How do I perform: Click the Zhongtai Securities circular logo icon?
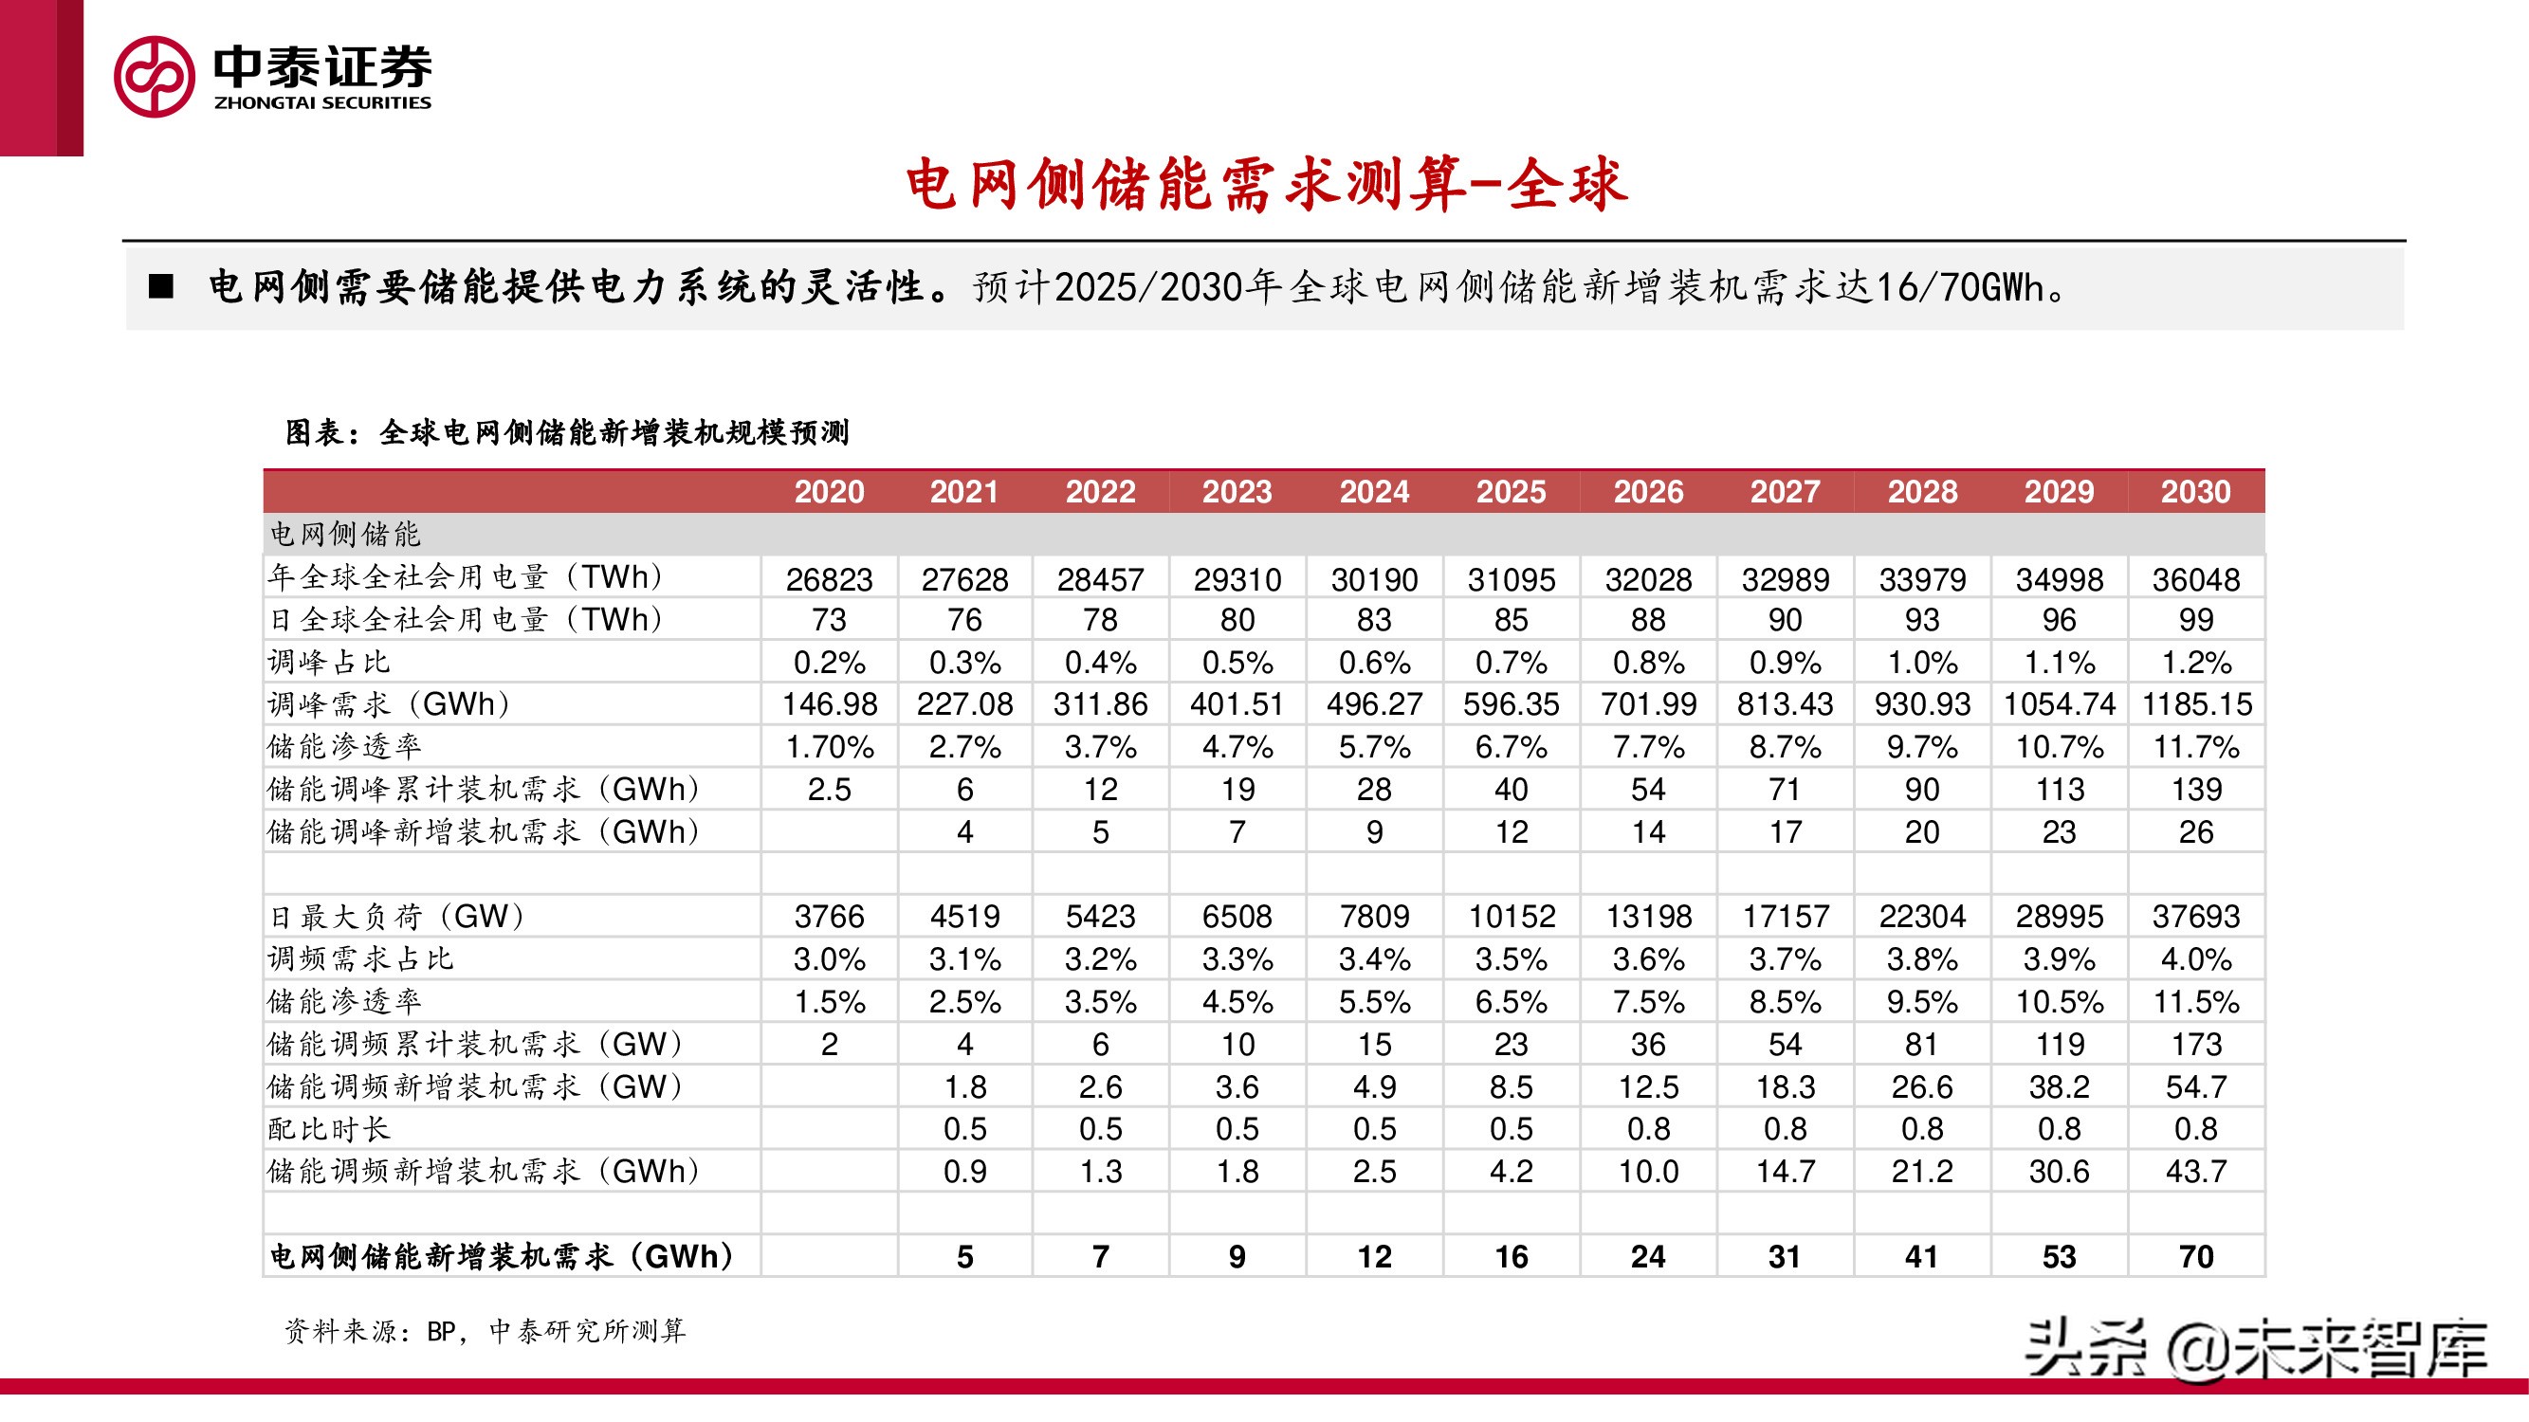[x=155, y=77]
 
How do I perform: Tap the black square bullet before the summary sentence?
[x=160, y=286]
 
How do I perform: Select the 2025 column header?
[x=1511, y=492]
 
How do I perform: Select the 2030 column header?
[x=2195, y=492]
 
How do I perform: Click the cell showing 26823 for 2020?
[x=829, y=579]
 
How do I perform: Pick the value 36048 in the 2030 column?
[x=2195, y=579]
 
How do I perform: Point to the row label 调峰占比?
[x=329, y=663]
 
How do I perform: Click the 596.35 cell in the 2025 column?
[x=1511, y=704]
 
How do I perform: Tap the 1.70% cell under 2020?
[x=829, y=748]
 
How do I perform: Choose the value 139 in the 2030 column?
[x=2195, y=790]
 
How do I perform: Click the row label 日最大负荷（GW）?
[x=397, y=917]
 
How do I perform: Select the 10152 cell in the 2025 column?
[x=1511, y=917]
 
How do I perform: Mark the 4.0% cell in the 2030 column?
[x=2195, y=958]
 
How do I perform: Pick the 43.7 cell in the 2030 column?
[x=2195, y=1171]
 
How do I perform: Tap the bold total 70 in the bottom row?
[x=2195, y=1256]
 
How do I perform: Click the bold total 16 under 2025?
[x=1511, y=1256]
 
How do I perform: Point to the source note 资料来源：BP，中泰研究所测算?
[x=485, y=1331]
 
